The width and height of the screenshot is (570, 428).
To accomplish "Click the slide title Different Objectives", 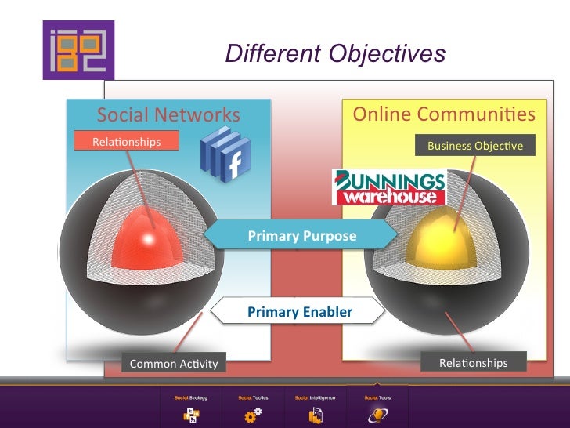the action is pyautogui.click(x=335, y=53).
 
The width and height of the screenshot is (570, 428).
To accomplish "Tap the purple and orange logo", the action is pyautogui.click(x=79, y=50).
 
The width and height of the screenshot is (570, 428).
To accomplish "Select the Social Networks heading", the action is pyautogui.click(x=168, y=114).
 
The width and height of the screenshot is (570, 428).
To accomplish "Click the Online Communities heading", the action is pyautogui.click(x=444, y=114).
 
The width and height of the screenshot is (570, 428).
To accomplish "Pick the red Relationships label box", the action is pyautogui.click(x=127, y=142).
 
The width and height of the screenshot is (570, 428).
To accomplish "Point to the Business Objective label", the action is pyautogui.click(x=474, y=146).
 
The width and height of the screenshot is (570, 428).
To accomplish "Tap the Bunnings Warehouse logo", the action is pyautogui.click(x=389, y=187).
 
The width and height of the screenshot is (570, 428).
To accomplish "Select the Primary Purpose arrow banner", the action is pyautogui.click(x=301, y=235).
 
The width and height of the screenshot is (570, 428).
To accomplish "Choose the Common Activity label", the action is pyautogui.click(x=173, y=364).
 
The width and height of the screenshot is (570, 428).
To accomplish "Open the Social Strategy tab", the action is pyautogui.click(x=191, y=407).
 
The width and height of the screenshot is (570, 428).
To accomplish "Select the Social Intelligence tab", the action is pyautogui.click(x=315, y=407).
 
